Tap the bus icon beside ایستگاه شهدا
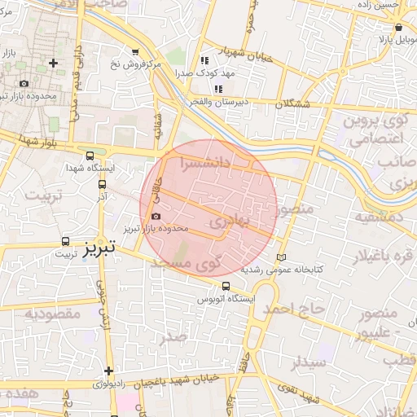click(x=89, y=156)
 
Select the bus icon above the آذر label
click(x=101, y=185)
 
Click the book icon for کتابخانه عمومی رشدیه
click(x=282, y=257)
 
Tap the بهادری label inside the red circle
click(x=226, y=219)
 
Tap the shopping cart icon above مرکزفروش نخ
click(x=135, y=52)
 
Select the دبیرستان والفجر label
click(x=226, y=103)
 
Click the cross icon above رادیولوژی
click(x=108, y=371)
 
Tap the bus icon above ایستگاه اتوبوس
click(x=226, y=286)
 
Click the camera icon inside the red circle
click(x=156, y=217)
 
